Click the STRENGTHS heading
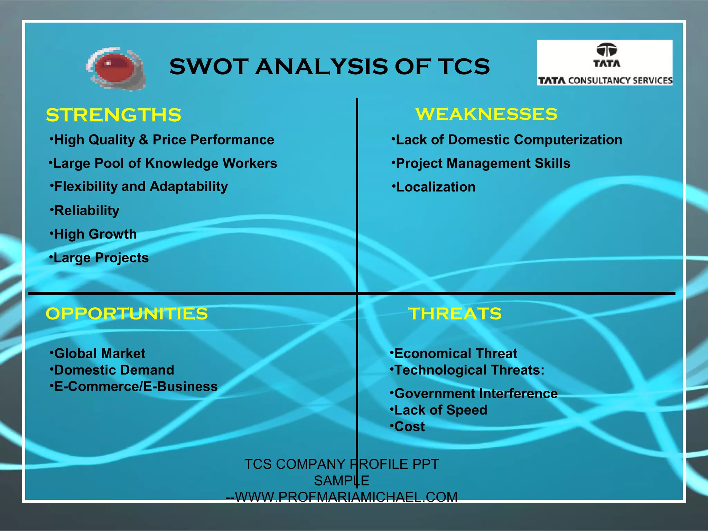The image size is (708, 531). click(113, 115)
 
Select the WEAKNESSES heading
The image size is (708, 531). click(486, 114)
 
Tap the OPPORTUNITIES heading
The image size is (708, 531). click(127, 314)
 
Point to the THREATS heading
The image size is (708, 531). click(455, 314)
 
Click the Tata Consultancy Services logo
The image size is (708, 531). click(604, 63)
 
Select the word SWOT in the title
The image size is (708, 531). click(209, 66)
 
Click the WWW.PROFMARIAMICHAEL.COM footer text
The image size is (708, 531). click(346, 497)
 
